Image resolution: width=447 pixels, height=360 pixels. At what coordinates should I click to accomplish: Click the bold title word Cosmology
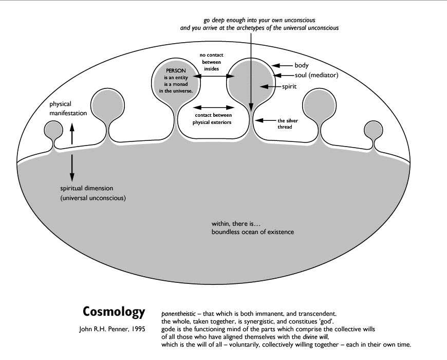114,312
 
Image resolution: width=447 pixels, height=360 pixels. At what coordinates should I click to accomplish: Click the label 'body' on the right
301,65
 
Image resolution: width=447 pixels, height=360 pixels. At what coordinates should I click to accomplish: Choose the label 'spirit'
291,87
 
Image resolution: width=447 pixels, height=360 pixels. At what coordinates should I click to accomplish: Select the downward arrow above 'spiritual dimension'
72,165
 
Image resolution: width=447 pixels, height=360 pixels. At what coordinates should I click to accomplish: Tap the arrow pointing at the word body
282,65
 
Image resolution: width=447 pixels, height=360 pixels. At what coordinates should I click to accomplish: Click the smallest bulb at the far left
53,129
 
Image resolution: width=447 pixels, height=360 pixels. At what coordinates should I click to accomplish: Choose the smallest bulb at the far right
372,129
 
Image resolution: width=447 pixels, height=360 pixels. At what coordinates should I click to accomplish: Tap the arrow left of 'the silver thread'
265,120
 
